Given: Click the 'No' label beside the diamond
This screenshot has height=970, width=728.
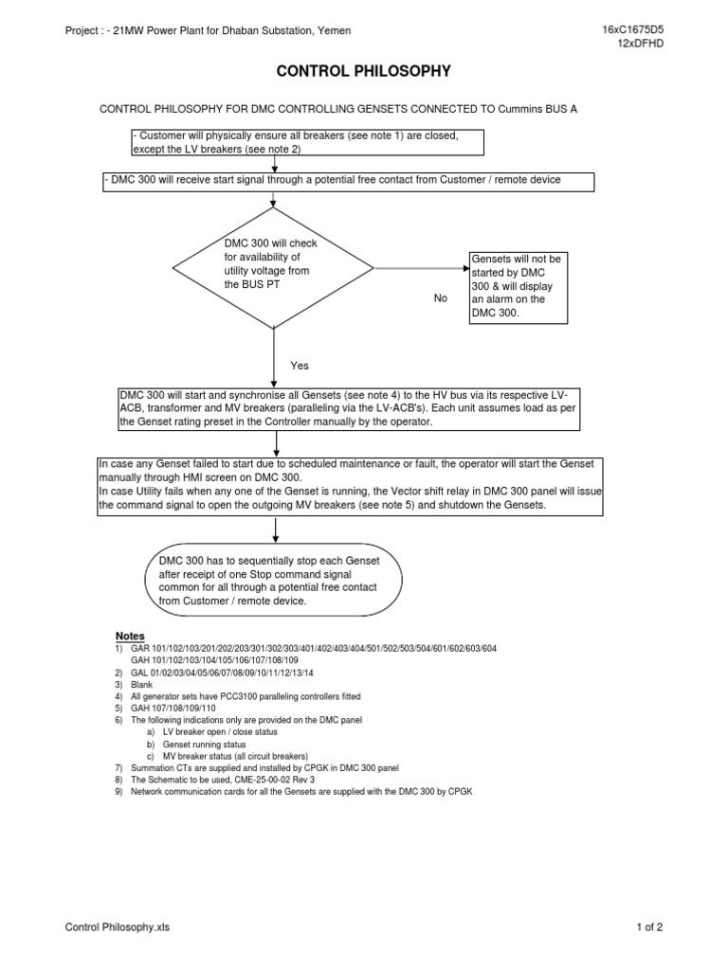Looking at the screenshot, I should [x=440, y=298].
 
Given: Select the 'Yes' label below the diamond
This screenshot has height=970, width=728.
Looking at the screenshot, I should [x=300, y=365].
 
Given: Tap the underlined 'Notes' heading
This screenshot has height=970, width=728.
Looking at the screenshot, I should [x=130, y=635].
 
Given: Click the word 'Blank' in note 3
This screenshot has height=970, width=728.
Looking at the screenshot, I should [x=141, y=684].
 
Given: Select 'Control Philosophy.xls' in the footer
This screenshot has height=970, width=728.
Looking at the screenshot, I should [x=118, y=927].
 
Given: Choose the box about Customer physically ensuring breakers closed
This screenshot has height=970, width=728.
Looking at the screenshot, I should [x=307, y=142].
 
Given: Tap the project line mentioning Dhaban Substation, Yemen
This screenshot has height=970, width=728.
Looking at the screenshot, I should [x=208, y=31].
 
